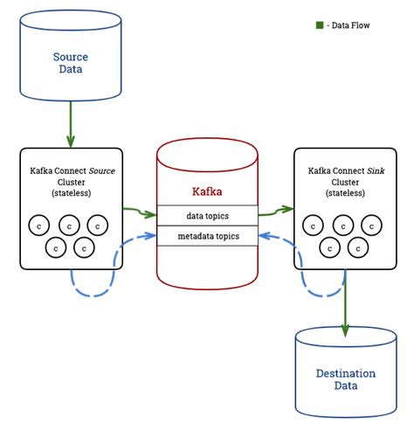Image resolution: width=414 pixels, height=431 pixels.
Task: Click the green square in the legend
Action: click(x=319, y=24)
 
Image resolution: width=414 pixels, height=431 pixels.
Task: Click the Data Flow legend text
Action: click(x=349, y=25)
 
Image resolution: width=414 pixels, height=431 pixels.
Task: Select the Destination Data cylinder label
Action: click(x=345, y=379)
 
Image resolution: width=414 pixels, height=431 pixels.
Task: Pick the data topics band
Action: click(x=207, y=215)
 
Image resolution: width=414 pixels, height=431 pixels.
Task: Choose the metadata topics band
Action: click(x=207, y=235)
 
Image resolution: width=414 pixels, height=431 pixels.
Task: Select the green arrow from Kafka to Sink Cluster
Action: click(x=275, y=211)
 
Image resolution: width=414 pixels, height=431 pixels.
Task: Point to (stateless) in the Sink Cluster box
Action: click(x=342, y=191)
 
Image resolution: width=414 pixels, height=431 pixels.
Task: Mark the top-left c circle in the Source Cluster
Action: click(x=38, y=225)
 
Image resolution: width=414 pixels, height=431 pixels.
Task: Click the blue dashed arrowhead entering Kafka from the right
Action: click(x=264, y=234)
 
